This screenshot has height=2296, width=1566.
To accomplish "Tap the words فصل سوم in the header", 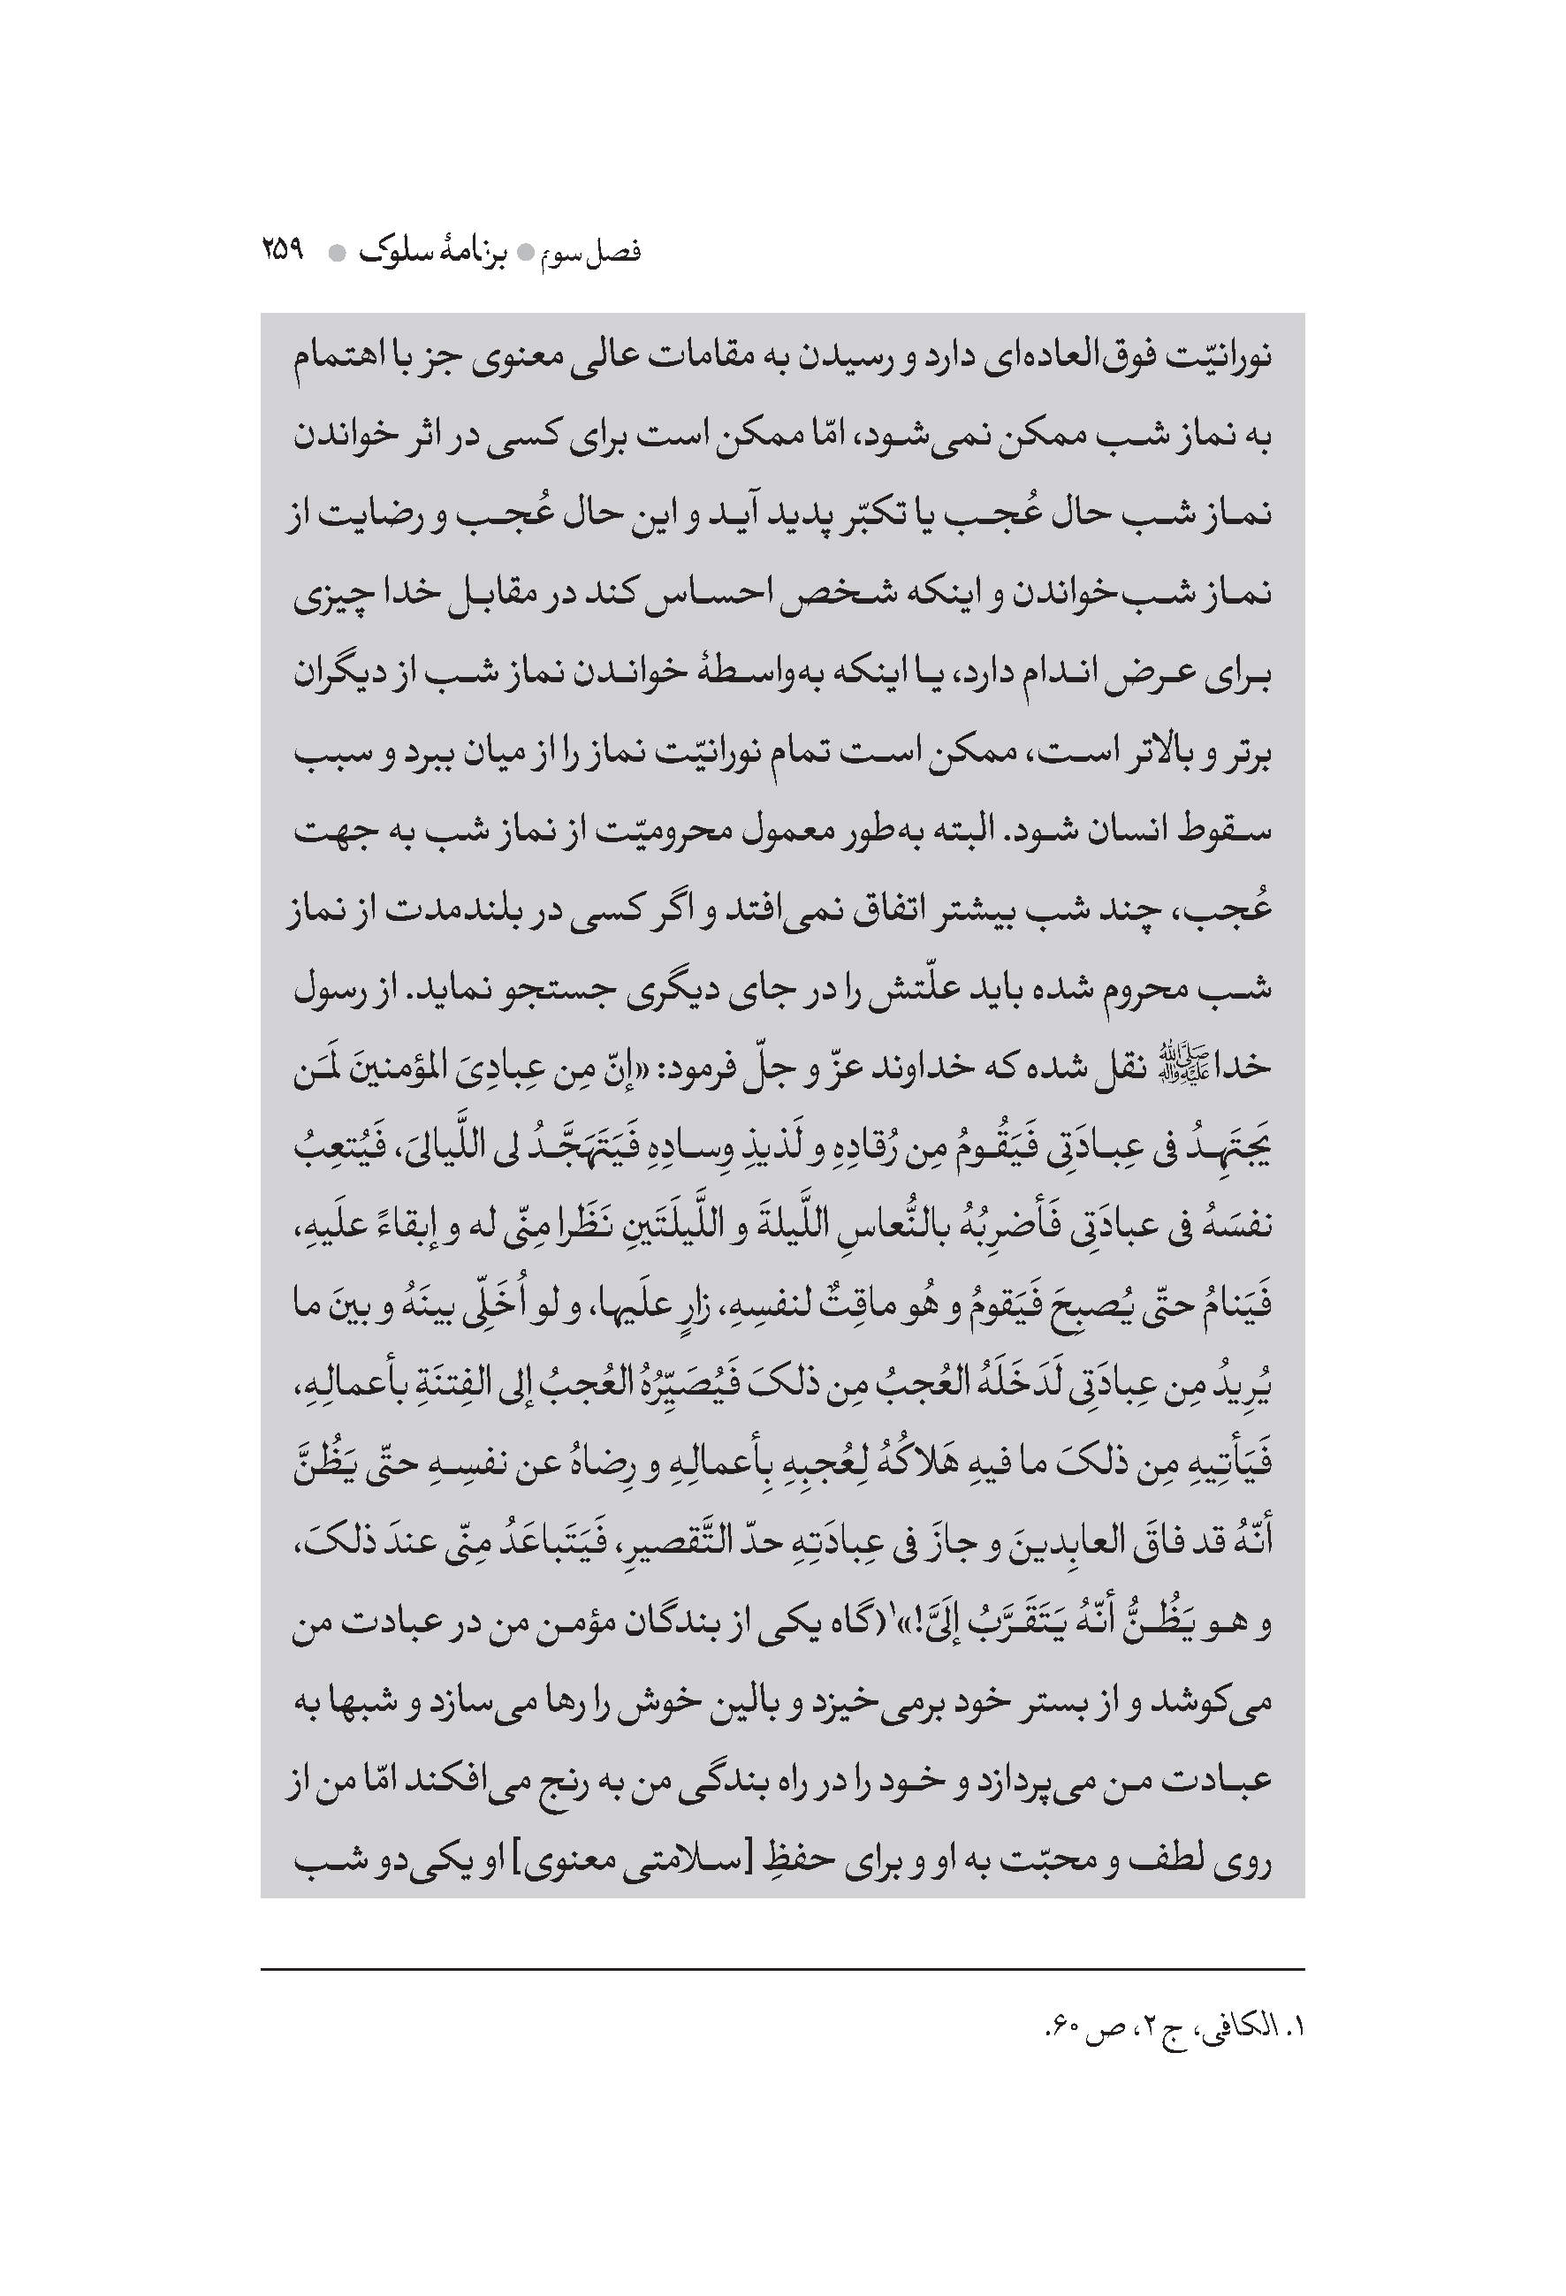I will click(x=594, y=253).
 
